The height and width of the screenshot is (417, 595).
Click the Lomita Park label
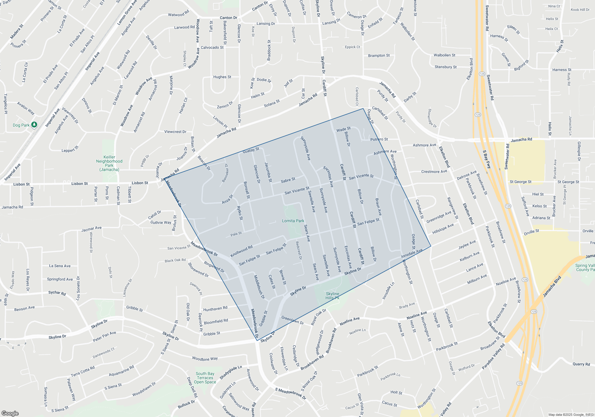point(293,221)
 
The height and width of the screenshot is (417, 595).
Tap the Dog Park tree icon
point(34,125)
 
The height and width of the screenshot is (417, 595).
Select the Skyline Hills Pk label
point(332,296)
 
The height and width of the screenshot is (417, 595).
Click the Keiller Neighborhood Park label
point(109,163)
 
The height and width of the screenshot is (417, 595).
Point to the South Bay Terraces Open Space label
point(205,378)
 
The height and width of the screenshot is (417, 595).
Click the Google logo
point(10,413)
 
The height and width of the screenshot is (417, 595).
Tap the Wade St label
point(343,129)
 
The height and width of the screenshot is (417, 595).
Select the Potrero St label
point(379,139)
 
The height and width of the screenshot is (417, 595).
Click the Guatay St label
point(251,150)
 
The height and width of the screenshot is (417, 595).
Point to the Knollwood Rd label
point(241,251)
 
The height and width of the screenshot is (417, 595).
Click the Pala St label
point(236,234)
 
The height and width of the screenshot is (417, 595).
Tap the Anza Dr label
point(227,199)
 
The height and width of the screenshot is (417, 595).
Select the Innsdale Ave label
point(412,253)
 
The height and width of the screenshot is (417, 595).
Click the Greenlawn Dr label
point(292,320)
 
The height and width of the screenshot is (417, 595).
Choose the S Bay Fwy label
point(487,159)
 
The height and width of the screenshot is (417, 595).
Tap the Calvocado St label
point(212,48)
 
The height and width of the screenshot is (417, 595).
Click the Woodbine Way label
point(205,359)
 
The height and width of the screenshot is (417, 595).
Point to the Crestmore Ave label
point(434,172)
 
